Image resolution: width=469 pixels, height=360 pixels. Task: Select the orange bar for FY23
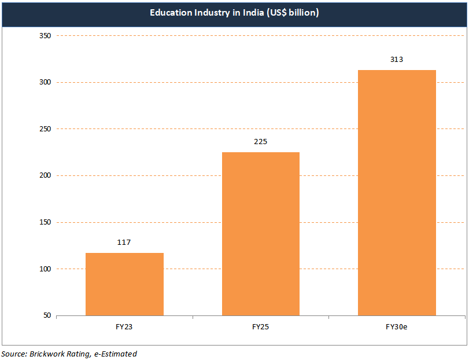coord(124,284)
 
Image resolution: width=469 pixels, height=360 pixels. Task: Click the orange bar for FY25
coord(260,233)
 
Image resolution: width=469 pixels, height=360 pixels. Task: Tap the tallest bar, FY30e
coord(397,192)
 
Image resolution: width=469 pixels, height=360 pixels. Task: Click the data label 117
coord(124,243)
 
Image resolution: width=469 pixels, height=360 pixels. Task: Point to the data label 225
coord(260,142)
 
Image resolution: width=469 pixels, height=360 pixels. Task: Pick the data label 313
coord(397,60)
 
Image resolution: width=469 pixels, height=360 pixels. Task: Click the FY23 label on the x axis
coord(124,327)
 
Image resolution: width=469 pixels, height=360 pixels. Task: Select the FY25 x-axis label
coord(260,327)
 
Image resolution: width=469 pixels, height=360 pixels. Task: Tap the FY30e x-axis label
coord(397,327)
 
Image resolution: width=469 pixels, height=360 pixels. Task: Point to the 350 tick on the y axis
coord(46,36)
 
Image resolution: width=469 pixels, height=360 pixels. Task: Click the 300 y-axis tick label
coord(46,82)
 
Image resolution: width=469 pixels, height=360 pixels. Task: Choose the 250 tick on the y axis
coord(46,129)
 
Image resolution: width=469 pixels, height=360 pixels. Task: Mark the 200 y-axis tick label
coord(46,175)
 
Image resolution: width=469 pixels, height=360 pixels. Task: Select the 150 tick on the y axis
coord(46,222)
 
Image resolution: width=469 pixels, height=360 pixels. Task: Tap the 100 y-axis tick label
coord(46,269)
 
